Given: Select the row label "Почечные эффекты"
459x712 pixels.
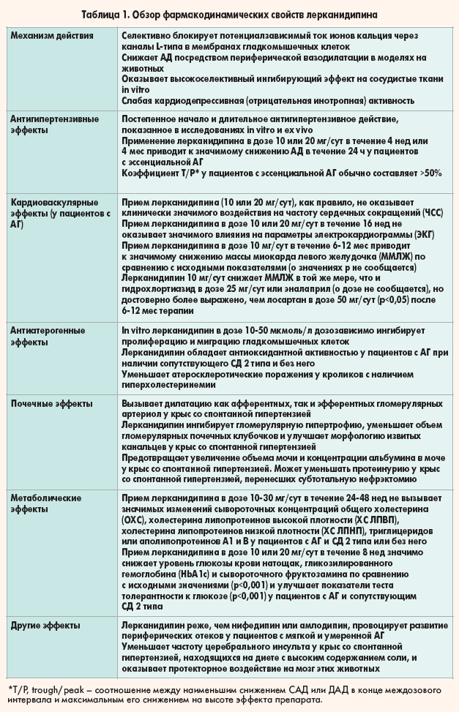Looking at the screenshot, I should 50,403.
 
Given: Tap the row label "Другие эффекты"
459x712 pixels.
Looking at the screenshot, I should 45,626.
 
